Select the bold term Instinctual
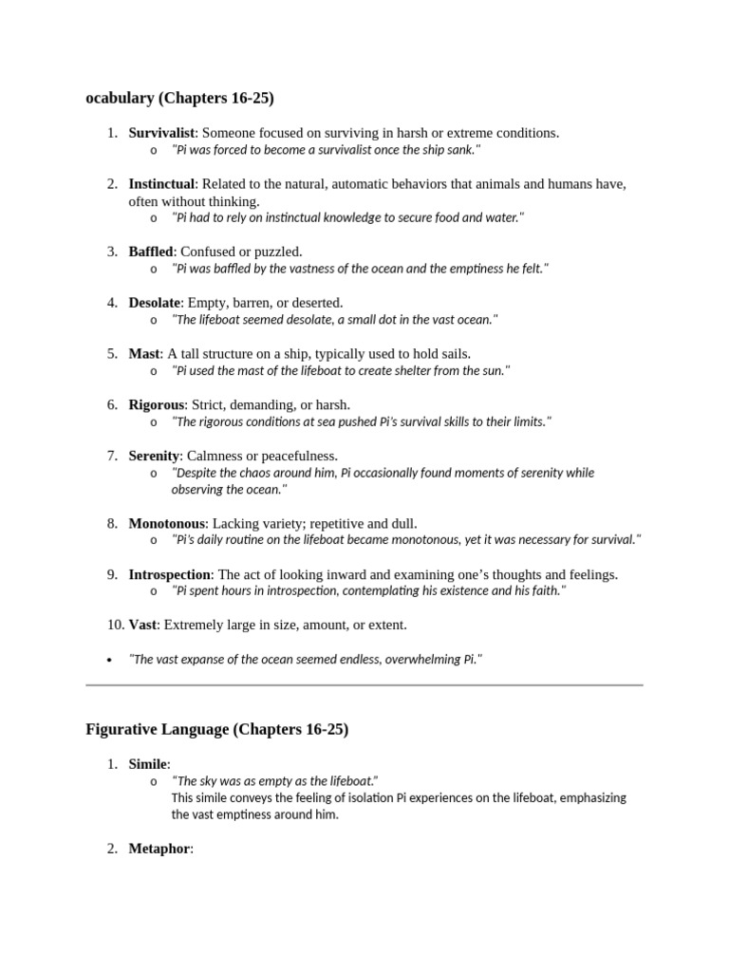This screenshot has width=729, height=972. point(161,183)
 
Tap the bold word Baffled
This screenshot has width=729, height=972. point(151,252)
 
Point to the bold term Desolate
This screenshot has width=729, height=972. point(154,303)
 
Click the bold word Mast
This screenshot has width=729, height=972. point(144,354)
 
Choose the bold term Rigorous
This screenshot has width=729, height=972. point(156,404)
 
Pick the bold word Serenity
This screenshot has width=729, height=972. point(154,456)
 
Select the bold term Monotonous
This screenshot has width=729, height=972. point(166,523)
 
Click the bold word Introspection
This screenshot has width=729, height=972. point(169,574)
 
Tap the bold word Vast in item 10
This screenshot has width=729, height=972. point(143,625)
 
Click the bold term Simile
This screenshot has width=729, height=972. point(147,764)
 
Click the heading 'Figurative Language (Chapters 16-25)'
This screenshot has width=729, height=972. point(216,730)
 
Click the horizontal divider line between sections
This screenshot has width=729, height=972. point(364,684)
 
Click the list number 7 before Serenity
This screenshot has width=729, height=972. point(112,456)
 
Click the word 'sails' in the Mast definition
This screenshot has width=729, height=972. point(451,354)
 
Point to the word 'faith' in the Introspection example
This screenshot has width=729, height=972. point(544,590)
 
